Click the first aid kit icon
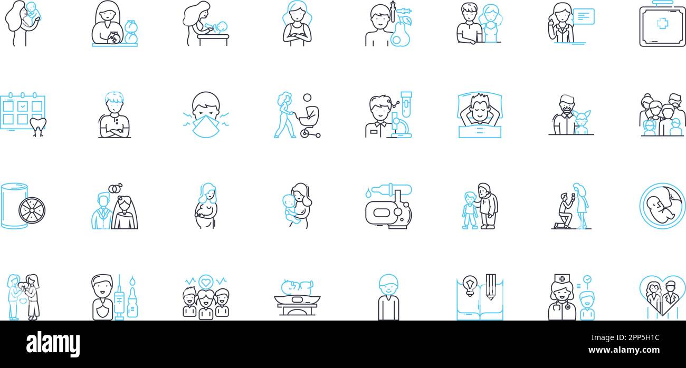[662, 26]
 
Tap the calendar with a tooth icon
[23, 115]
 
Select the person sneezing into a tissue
[206, 115]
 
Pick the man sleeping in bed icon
[480, 115]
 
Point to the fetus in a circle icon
[662, 206]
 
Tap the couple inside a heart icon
[662, 296]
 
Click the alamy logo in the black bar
[53, 344]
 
